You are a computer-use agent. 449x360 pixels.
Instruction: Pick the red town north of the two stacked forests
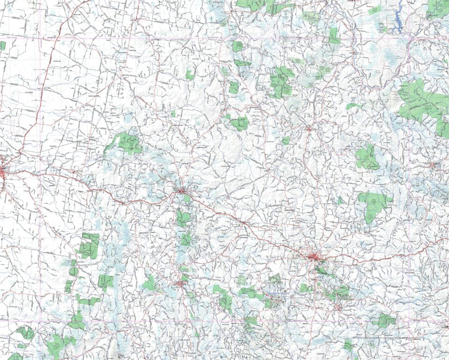[181, 190]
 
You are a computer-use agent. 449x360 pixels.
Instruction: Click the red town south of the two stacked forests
[182, 283]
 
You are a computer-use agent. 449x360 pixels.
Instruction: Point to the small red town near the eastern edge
[434, 165]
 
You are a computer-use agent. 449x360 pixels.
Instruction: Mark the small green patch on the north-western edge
[3, 46]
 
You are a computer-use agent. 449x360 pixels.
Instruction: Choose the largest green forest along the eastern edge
[423, 105]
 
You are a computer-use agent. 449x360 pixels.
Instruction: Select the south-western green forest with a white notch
[89, 245]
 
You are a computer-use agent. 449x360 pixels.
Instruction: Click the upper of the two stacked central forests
[183, 218]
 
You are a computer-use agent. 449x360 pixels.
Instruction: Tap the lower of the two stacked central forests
[185, 239]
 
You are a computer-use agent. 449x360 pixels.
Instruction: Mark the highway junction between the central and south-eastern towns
[244, 223]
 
